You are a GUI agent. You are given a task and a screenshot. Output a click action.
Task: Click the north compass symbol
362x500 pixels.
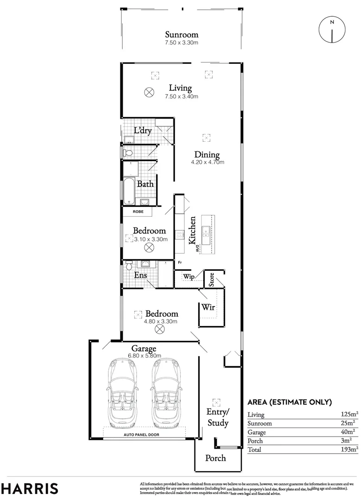(331, 30)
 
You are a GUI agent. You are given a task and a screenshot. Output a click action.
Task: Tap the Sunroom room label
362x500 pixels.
(182, 35)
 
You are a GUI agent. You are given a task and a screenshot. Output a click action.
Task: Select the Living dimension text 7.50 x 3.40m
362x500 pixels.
(182, 97)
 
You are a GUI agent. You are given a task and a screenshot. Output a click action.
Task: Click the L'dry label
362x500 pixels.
(143, 131)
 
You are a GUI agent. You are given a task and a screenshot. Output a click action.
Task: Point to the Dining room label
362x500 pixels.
(206, 155)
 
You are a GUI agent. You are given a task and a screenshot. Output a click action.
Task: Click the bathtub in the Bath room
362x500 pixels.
(128, 191)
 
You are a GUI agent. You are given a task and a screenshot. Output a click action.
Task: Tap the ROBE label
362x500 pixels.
(138, 212)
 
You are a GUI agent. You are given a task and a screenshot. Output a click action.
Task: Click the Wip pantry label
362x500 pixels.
(188, 277)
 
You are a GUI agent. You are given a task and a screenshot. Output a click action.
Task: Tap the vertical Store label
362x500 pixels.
(212, 280)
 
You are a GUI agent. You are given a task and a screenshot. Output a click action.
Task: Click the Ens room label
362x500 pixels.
(140, 275)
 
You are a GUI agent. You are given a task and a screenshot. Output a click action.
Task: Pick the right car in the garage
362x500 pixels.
(165, 394)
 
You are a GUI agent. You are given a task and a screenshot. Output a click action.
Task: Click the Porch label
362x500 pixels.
(216, 458)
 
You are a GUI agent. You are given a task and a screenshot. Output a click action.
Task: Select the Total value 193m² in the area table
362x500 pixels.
(347, 449)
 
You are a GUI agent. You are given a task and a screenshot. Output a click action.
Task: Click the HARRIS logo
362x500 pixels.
(30, 488)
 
